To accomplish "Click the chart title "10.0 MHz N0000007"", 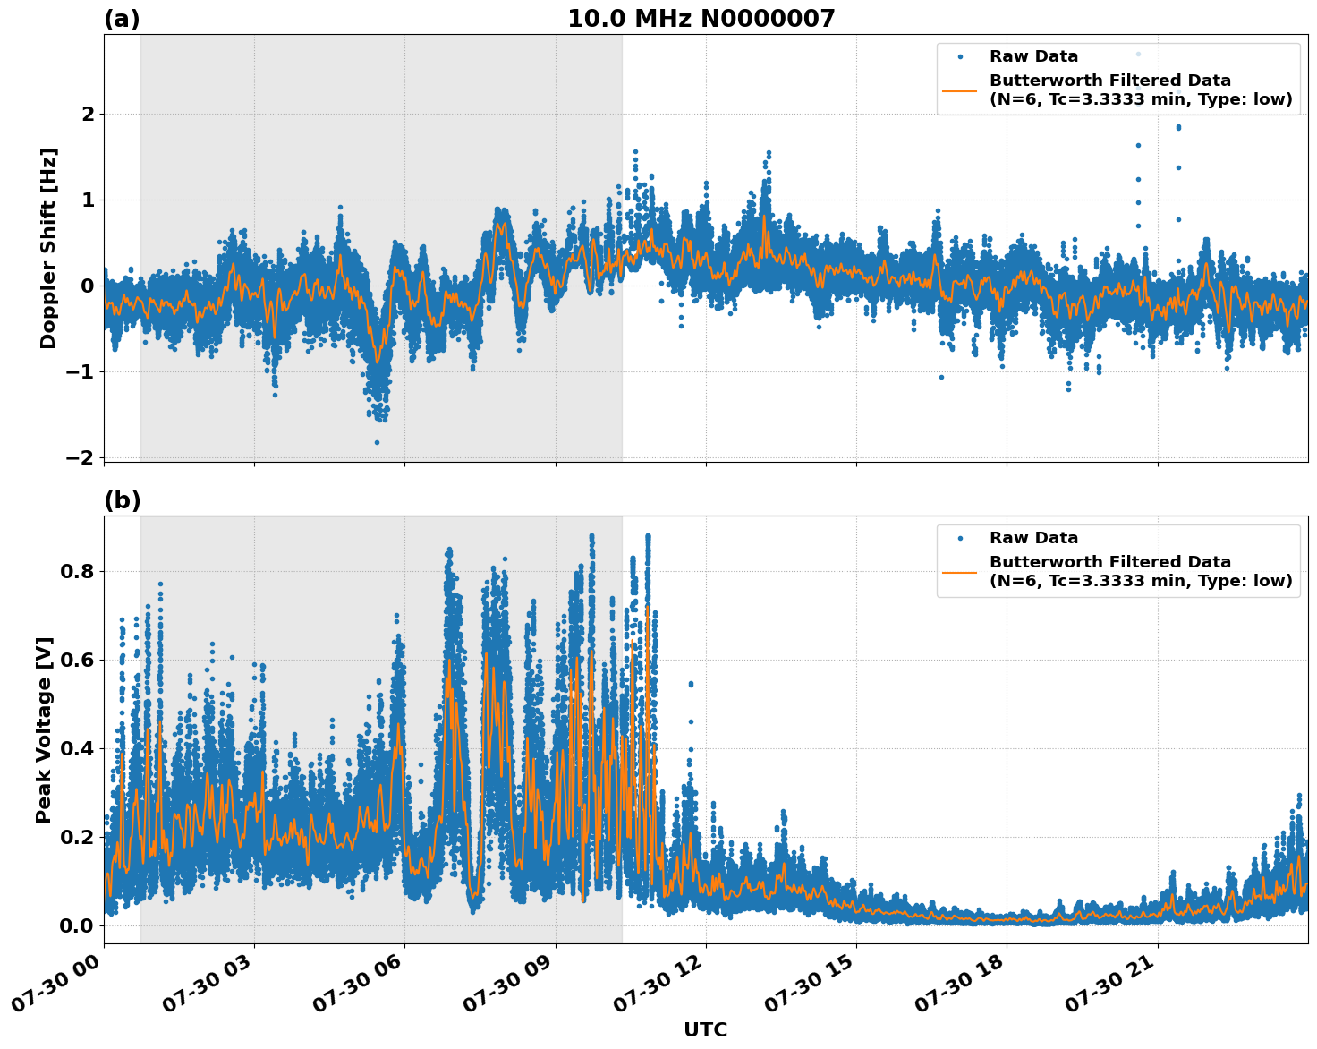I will pos(701,19).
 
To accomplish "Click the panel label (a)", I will pos(122,19).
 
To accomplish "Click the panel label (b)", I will pos(122,500).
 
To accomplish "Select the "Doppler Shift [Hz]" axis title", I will pos(48,248).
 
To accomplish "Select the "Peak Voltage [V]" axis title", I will pos(44,729).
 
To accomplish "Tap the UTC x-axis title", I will pos(705,1029).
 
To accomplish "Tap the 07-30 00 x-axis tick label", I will pos(55,985).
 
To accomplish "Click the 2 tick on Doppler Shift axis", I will pos(88,114).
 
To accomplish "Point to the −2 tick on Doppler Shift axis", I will pos(80,457).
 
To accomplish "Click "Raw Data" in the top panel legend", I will pos(1033,56).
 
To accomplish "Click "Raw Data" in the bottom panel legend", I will pos(1033,538).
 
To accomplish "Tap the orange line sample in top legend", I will pos(959,90).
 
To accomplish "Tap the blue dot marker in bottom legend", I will pos(959,538).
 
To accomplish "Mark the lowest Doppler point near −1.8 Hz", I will pos(377,442).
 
